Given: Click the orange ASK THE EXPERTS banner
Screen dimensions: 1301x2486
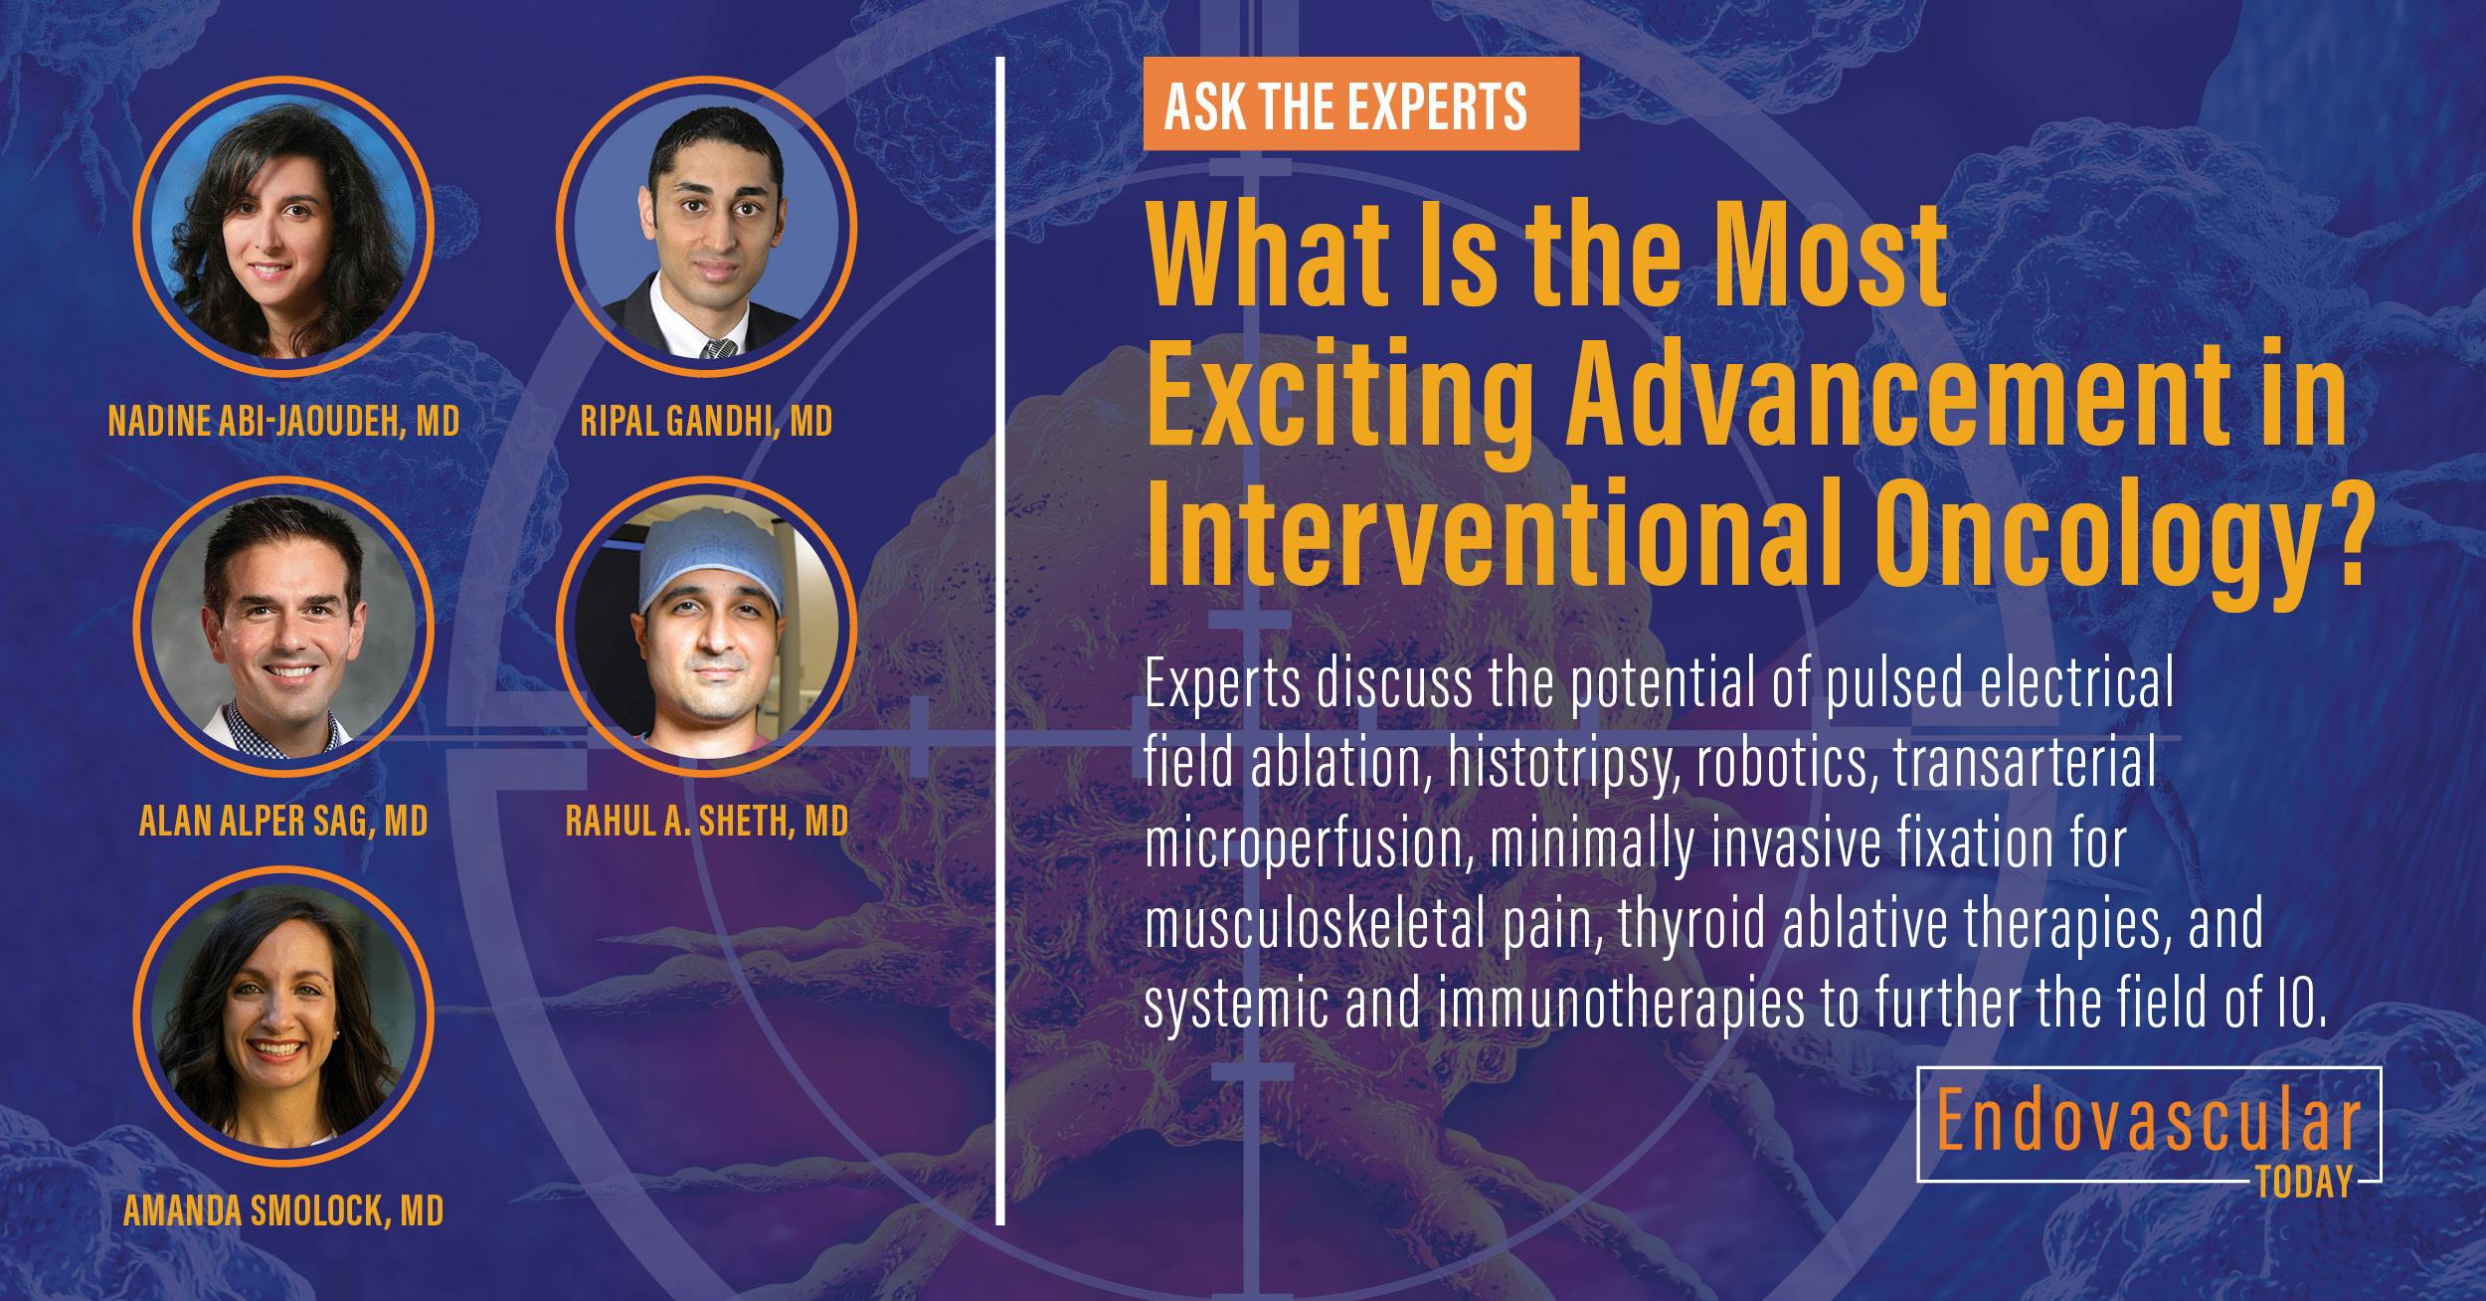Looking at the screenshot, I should tap(1360, 104).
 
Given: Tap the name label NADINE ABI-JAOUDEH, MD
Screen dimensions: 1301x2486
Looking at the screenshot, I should tap(283, 422).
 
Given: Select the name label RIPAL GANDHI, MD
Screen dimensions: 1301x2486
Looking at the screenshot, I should tap(706, 422).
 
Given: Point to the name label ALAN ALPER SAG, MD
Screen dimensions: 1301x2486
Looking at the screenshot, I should tap(283, 822).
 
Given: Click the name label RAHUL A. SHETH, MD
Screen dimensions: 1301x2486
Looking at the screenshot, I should tap(706, 822).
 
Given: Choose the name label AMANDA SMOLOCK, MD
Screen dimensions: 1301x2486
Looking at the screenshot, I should tap(283, 1211).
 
